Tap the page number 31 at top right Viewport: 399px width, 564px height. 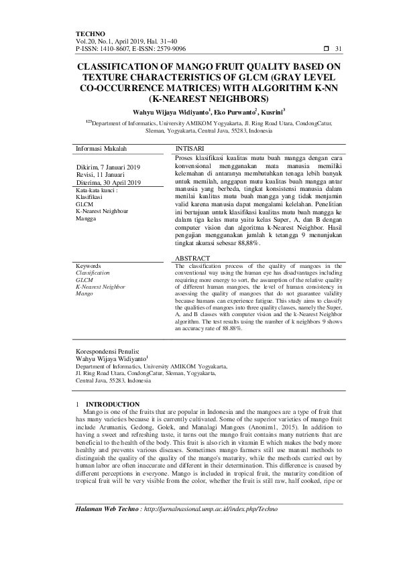[x=338, y=49]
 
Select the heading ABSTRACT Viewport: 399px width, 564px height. [x=192, y=258]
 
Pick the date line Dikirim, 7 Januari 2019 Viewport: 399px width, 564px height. [x=107, y=166]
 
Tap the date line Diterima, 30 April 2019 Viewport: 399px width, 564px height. [x=109, y=182]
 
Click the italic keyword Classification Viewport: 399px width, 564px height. [x=94, y=273]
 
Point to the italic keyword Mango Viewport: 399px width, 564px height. [x=84, y=293]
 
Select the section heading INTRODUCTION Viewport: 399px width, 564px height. [x=113, y=404]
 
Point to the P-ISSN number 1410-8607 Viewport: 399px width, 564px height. [x=110, y=49]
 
